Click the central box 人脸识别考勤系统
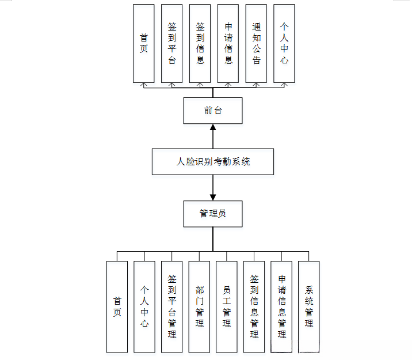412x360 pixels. (212, 162)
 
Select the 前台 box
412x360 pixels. (212, 111)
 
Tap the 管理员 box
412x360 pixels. (212, 214)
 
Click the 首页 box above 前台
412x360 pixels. (144, 43)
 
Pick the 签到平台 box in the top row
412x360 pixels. (172, 43)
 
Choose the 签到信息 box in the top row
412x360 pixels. (200, 43)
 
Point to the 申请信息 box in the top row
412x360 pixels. (228, 43)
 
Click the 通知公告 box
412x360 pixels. (256, 43)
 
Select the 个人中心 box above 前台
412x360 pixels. (284, 43)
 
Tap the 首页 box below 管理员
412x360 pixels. (117, 306)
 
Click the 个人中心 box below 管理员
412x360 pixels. (144, 306)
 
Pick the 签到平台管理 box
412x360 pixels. (171, 306)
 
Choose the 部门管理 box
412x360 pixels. (199, 306)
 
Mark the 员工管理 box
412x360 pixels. (227, 306)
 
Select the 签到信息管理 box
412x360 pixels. (254, 306)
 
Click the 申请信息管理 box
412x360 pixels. (281, 306)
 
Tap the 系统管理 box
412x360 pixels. (309, 306)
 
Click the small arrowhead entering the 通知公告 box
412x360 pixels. (257, 85)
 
